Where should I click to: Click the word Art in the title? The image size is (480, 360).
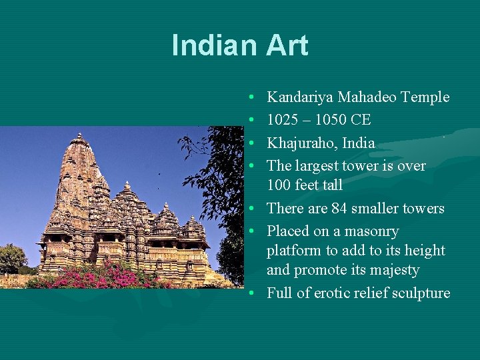287,45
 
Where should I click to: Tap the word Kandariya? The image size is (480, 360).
300,97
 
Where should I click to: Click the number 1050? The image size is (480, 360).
335,120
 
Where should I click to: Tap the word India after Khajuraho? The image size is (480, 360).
358,143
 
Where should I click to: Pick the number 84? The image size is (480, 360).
339,208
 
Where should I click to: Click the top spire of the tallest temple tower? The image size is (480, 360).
79,137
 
